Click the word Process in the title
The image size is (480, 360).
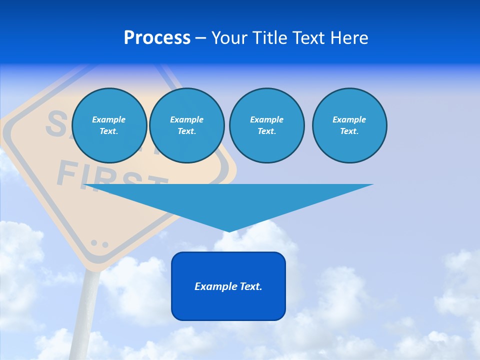157,38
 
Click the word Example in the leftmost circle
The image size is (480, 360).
109,119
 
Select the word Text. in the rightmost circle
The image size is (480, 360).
349,131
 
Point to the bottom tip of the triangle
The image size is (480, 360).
229,230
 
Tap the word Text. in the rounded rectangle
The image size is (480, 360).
251,286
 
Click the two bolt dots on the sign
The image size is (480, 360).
99,244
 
